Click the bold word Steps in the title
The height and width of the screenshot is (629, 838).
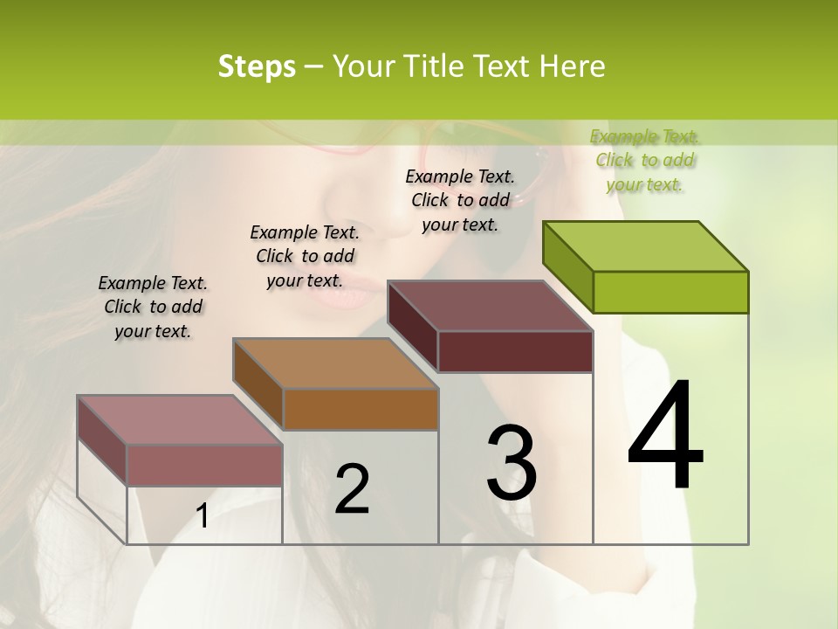point(257,66)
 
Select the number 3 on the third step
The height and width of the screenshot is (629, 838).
point(512,462)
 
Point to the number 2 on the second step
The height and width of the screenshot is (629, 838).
point(352,489)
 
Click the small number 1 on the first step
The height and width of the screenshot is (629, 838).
point(203,516)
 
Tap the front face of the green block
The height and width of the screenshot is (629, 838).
point(670,292)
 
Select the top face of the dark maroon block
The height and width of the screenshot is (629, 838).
point(490,306)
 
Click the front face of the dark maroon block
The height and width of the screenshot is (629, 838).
point(515,351)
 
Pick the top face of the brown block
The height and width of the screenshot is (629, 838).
point(335,363)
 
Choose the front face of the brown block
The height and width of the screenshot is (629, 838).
point(361,409)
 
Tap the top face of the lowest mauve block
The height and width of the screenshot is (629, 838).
point(179,419)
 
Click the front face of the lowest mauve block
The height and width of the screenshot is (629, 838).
point(204,465)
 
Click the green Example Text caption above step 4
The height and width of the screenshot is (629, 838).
point(645,160)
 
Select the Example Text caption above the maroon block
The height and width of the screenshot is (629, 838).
point(460,200)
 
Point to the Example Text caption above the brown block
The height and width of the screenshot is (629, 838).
point(305,256)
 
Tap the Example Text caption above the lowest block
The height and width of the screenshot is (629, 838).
point(153,307)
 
